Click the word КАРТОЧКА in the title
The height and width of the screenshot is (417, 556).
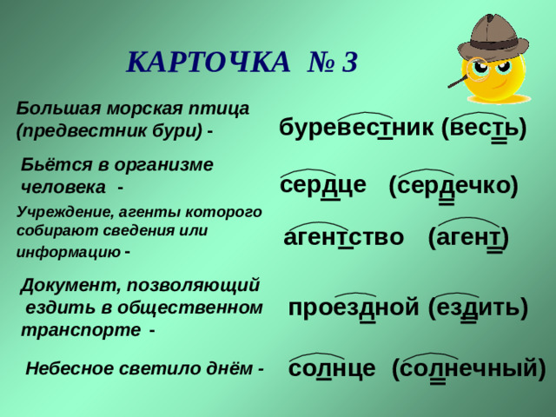(208, 63)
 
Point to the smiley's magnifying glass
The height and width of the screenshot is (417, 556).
(476, 69)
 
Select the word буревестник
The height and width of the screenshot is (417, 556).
(356, 129)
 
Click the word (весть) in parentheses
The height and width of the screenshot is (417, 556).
(484, 129)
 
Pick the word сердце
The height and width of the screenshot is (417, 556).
(323, 185)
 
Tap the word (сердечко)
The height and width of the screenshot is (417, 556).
(453, 186)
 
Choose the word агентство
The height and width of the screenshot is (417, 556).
(343, 237)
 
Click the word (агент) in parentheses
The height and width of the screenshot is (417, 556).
(468, 237)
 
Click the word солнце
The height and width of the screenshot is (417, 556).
(332, 368)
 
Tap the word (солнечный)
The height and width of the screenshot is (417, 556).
(468, 368)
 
